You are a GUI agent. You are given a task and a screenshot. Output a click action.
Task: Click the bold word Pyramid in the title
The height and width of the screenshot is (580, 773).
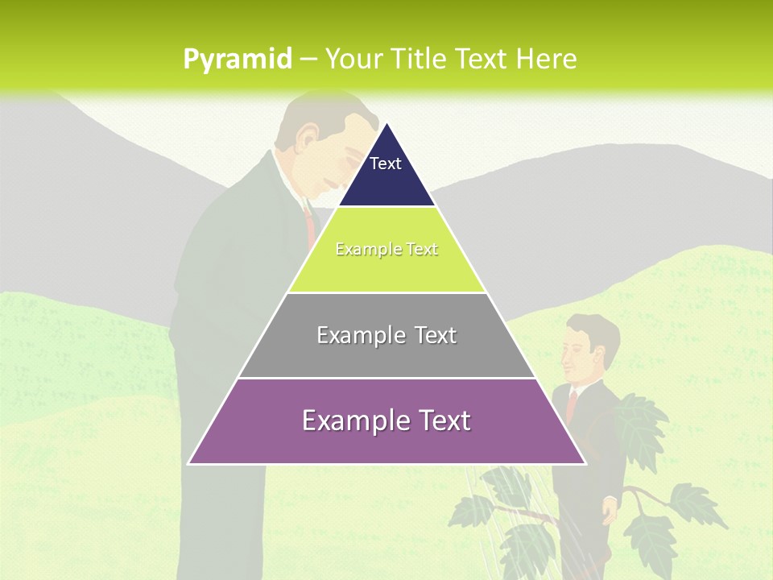(x=237, y=60)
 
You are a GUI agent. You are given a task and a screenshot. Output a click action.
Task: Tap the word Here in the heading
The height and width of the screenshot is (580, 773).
(x=546, y=60)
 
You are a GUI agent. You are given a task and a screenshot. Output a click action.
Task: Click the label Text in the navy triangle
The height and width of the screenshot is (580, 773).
(x=385, y=164)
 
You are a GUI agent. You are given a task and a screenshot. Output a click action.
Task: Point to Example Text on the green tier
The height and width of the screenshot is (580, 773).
(x=386, y=249)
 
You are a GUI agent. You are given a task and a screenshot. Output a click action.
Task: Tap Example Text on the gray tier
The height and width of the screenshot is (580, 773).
(x=386, y=335)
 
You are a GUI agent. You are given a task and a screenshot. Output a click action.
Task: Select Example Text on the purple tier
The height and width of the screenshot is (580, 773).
(x=386, y=420)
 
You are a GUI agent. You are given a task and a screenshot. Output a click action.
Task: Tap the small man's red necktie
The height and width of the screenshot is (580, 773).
(x=573, y=403)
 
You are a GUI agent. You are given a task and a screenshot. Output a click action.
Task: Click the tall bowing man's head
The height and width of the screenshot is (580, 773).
(x=322, y=149)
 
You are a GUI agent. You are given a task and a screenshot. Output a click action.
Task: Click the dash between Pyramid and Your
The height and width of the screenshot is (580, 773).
(x=308, y=60)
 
